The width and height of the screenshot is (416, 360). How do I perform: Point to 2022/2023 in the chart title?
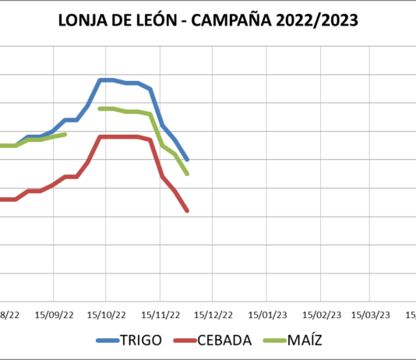point(323,21)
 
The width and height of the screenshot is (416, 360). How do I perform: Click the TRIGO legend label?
point(141,340)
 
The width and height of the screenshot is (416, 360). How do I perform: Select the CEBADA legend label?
point(224,340)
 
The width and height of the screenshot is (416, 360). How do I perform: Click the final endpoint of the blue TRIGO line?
point(188,159)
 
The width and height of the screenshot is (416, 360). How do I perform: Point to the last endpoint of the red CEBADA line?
point(188,210)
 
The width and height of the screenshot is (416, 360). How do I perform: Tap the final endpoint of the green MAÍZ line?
point(188,173)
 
